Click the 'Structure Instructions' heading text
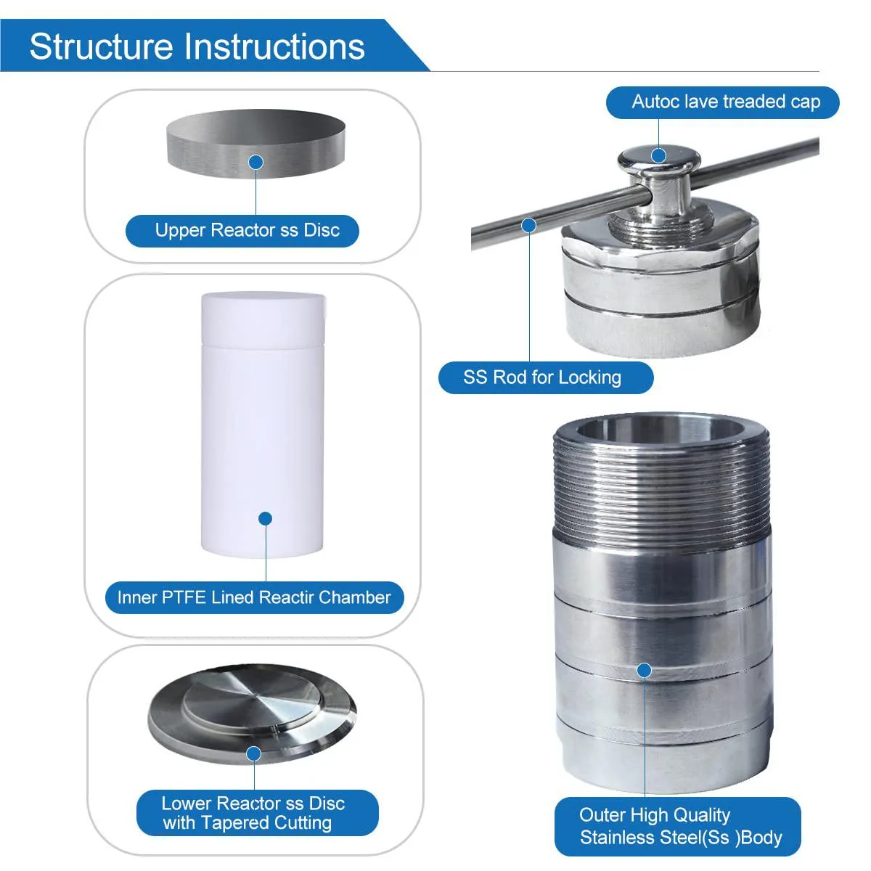[197, 46]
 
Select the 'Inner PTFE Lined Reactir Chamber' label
[254, 597]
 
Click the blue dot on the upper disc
[256, 163]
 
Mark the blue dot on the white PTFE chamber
[266, 518]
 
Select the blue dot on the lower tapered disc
[254, 753]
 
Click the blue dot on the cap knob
[658, 156]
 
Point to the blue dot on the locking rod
[529, 225]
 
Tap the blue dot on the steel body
[644, 670]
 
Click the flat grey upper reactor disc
[255, 144]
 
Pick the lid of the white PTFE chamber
[263, 320]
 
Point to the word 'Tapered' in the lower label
[233, 822]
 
